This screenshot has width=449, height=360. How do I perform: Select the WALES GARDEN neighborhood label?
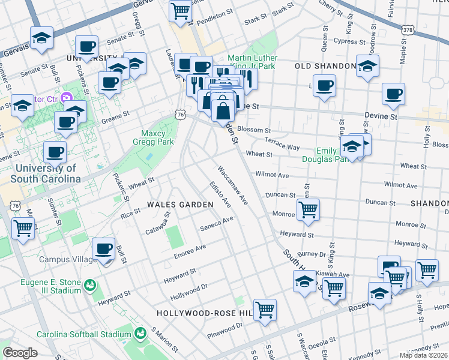[x=181, y=205]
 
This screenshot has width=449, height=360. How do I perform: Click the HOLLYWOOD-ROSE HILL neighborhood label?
[x=202, y=313]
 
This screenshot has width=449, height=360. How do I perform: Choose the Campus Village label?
[x=68, y=259]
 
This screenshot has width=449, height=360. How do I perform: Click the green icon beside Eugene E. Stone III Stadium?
[x=90, y=284]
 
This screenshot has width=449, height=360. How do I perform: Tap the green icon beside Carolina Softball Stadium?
[x=140, y=332]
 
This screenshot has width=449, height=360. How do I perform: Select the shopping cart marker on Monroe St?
[x=308, y=210]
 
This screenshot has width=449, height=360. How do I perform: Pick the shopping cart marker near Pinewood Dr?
[x=265, y=310]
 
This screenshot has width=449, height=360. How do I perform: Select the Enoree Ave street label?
[x=190, y=247]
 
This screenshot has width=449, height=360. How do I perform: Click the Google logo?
[x=20, y=353]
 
